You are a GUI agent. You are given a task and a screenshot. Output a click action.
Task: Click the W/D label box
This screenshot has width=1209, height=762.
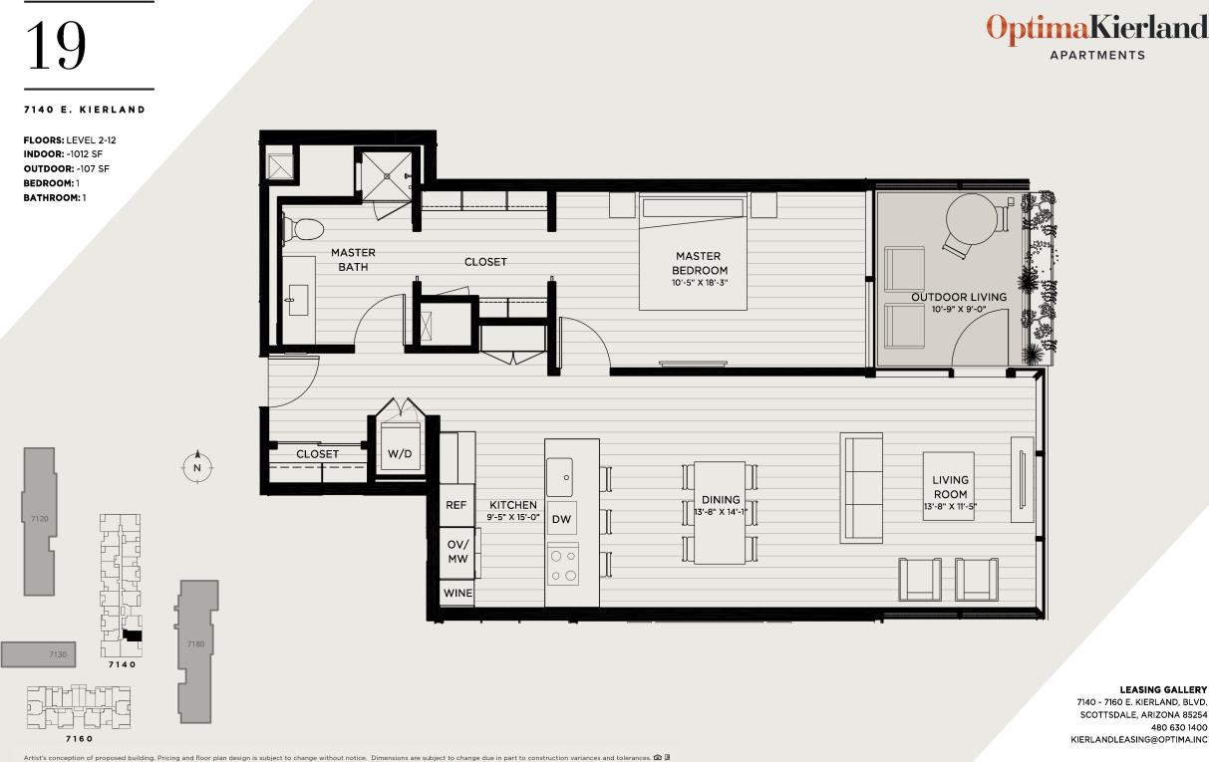(x=399, y=454)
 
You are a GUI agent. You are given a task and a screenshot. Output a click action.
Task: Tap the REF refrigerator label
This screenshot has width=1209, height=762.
(x=455, y=506)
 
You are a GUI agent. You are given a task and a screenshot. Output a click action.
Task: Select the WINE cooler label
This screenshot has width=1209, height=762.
(x=457, y=593)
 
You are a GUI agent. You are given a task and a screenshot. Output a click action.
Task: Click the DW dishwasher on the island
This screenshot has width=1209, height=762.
(x=561, y=519)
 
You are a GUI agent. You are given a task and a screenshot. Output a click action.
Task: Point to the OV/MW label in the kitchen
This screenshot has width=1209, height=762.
(x=456, y=551)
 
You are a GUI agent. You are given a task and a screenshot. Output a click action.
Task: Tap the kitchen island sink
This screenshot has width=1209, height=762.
(x=560, y=476)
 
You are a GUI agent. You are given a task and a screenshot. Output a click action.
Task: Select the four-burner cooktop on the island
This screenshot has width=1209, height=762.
(x=562, y=566)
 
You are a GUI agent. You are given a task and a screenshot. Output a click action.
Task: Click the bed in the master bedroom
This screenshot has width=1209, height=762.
(x=694, y=252)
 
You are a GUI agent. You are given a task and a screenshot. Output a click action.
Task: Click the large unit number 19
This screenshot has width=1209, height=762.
(x=57, y=45)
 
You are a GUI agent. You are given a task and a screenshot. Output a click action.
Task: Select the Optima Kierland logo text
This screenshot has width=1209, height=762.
(x=1096, y=29)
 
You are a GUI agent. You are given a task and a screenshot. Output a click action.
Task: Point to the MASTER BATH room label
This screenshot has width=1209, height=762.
(x=353, y=260)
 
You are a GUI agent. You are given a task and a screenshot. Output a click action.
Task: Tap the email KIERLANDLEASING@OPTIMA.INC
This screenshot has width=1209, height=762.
(x=1138, y=741)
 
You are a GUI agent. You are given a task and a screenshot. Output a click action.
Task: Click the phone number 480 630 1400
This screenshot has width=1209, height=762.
(x=1179, y=728)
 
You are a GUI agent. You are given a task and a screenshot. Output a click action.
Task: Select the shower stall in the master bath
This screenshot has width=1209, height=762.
(x=384, y=171)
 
